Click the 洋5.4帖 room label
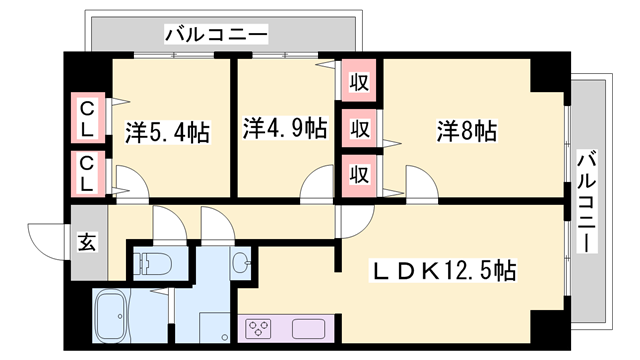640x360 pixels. [167, 131]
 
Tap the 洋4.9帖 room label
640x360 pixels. [284, 128]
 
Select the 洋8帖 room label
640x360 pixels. [466, 130]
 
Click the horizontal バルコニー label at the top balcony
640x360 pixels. [216, 35]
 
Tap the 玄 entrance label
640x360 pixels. [87, 242]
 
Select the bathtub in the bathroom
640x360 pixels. [113, 318]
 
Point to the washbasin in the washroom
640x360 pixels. [241, 263]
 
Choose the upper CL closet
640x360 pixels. [88, 118]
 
